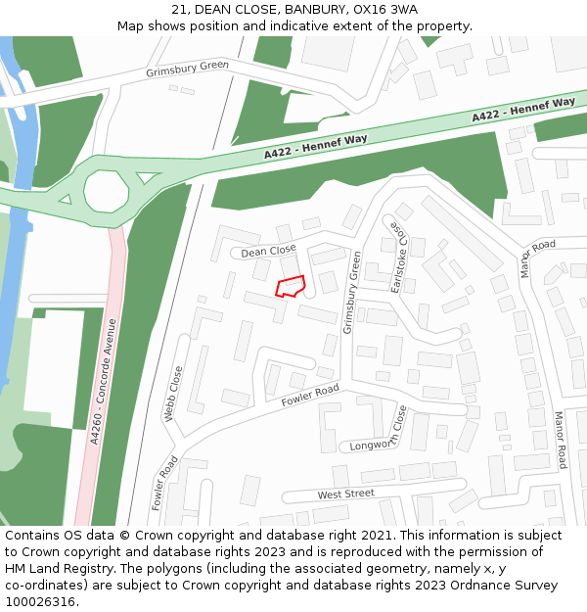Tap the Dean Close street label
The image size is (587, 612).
coord(268,251)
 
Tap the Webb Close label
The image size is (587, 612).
coord(173,394)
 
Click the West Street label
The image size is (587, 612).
coord(345,494)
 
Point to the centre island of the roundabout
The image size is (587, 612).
coord(106,186)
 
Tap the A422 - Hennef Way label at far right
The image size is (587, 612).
coord(523,109)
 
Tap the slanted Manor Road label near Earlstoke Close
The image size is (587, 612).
coord(537,258)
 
